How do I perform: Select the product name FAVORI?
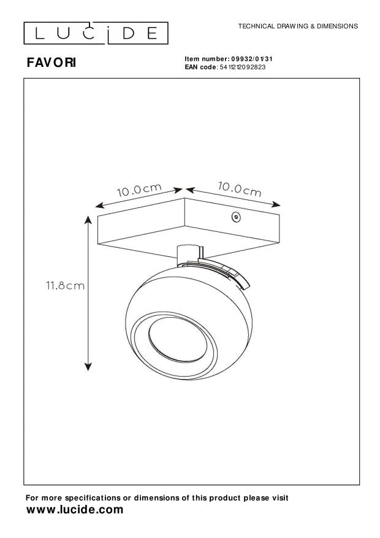tap(51, 63)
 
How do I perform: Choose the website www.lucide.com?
tap(75, 510)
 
